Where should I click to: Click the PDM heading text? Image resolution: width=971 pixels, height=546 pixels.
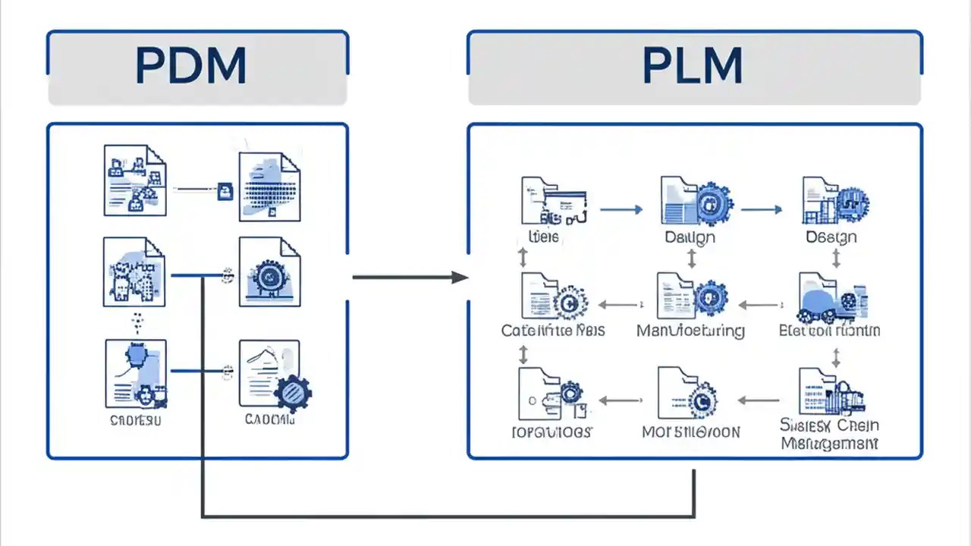(x=190, y=67)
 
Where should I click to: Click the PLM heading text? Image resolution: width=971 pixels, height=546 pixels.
(x=692, y=67)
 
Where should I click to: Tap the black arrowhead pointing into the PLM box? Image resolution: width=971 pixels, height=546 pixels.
(x=460, y=277)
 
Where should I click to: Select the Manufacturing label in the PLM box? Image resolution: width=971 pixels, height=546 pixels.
(x=690, y=331)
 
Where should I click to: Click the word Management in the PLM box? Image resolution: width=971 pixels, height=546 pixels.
(x=829, y=444)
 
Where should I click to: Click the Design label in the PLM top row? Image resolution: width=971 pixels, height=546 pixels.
(x=831, y=237)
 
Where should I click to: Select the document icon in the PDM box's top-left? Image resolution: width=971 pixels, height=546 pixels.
(x=134, y=182)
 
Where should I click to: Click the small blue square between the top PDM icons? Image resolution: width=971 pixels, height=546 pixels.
(x=225, y=191)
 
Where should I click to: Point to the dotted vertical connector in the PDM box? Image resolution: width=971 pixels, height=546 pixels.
(x=137, y=322)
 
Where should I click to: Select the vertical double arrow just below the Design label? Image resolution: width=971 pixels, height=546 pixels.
(x=836, y=259)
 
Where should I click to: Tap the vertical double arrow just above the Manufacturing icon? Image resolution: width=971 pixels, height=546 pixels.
(x=692, y=259)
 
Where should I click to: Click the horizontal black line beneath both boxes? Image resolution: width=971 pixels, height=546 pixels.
(x=448, y=517)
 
